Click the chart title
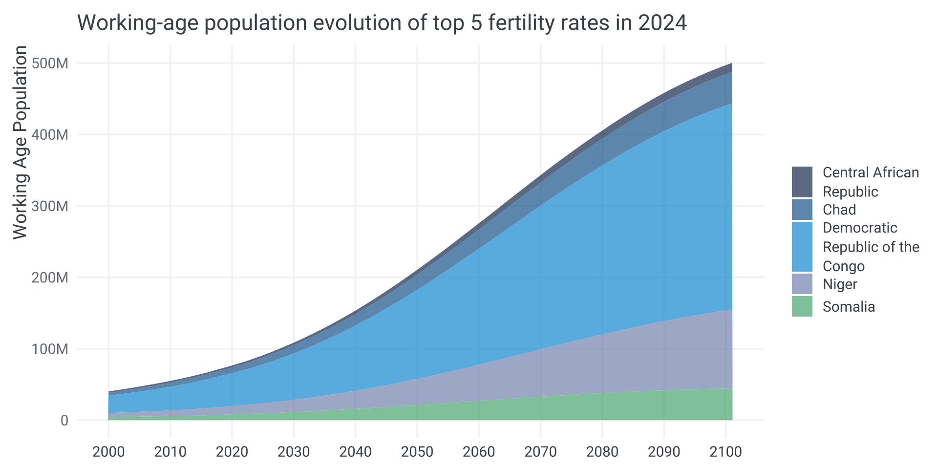tap(382, 23)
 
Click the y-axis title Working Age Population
tap(20, 143)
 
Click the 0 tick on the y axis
tap(64, 421)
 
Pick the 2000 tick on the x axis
tap(108, 452)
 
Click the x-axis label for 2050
tap(417, 452)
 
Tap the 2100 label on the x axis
tap(726, 452)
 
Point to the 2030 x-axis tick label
tap(294, 452)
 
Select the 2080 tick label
tap(602, 452)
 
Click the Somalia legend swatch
tap(802, 306)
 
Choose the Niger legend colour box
tap(802, 284)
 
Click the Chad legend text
tap(839, 210)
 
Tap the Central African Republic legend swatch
tap(802, 182)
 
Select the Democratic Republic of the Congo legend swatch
tap(802, 247)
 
